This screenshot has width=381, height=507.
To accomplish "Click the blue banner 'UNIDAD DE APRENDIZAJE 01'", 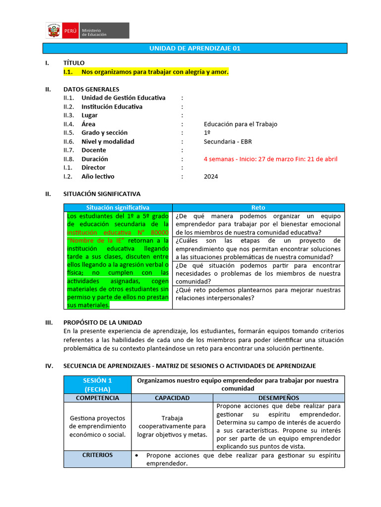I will pyautogui.click(x=194, y=49).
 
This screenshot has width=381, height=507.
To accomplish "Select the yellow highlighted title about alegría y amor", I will pyautogui.click(x=155, y=72).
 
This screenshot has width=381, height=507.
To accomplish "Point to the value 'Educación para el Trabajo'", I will pyautogui.click(x=240, y=124).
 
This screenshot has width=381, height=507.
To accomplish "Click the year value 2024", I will pyautogui.click(x=210, y=177).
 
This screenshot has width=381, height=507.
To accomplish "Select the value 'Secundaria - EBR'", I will pyautogui.click(x=227, y=142).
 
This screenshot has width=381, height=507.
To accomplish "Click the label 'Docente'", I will pyautogui.click(x=94, y=151).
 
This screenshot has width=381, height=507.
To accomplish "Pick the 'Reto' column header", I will pyautogui.click(x=258, y=207).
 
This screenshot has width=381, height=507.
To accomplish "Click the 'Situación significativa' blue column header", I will pyautogui.click(x=118, y=207).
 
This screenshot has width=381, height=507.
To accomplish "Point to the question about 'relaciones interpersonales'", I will pyautogui.click(x=258, y=294).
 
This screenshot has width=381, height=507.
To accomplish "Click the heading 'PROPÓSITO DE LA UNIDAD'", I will pyautogui.click(x=103, y=322).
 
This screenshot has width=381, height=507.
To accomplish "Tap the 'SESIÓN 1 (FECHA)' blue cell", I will pyautogui.click(x=97, y=385).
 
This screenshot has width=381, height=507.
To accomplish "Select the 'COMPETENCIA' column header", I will pyautogui.click(x=97, y=398).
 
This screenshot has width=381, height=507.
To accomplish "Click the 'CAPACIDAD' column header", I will pyautogui.click(x=172, y=398).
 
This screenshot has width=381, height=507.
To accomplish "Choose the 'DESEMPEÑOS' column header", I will pyautogui.click(x=279, y=398).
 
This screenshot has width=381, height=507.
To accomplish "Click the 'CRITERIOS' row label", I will pyautogui.click(x=97, y=455).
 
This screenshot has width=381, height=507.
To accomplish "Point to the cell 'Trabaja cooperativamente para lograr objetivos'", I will pyautogui.click(x=172, y=426).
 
